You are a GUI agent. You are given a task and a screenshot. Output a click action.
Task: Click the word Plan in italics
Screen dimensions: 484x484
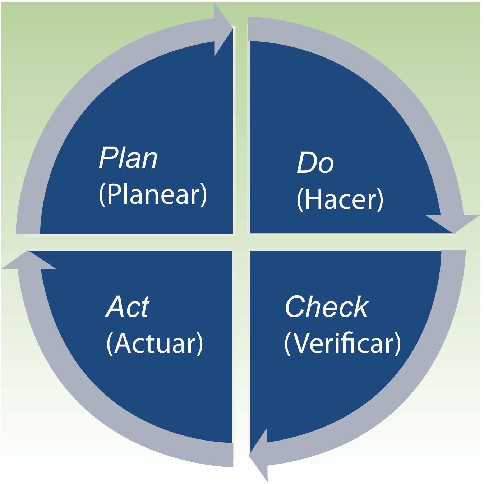[x=128, y=158]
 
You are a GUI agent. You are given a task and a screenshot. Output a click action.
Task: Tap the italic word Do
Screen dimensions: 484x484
[x=315, y=163]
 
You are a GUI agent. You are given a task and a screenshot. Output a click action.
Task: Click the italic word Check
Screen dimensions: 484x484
[x=326, y=307]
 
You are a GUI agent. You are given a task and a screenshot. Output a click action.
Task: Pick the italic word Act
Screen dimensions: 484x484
[x=128, y=307]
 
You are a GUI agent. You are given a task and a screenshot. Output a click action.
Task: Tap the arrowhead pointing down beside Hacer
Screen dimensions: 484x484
[x=453, y=223]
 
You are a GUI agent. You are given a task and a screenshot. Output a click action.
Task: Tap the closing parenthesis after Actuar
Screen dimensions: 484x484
[x=200, y=344]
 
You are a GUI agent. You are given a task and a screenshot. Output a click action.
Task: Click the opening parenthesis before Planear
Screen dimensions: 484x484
[x=102, y=195]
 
